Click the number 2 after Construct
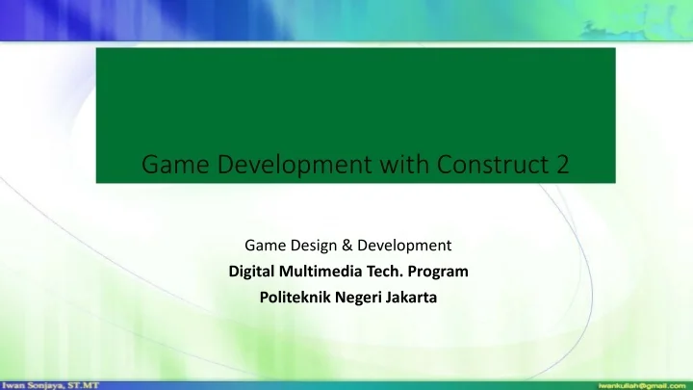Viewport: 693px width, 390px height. (x=560, y=168)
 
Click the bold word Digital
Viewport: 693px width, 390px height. (x=253, y=273)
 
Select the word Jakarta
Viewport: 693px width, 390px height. (x=408, y=298)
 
